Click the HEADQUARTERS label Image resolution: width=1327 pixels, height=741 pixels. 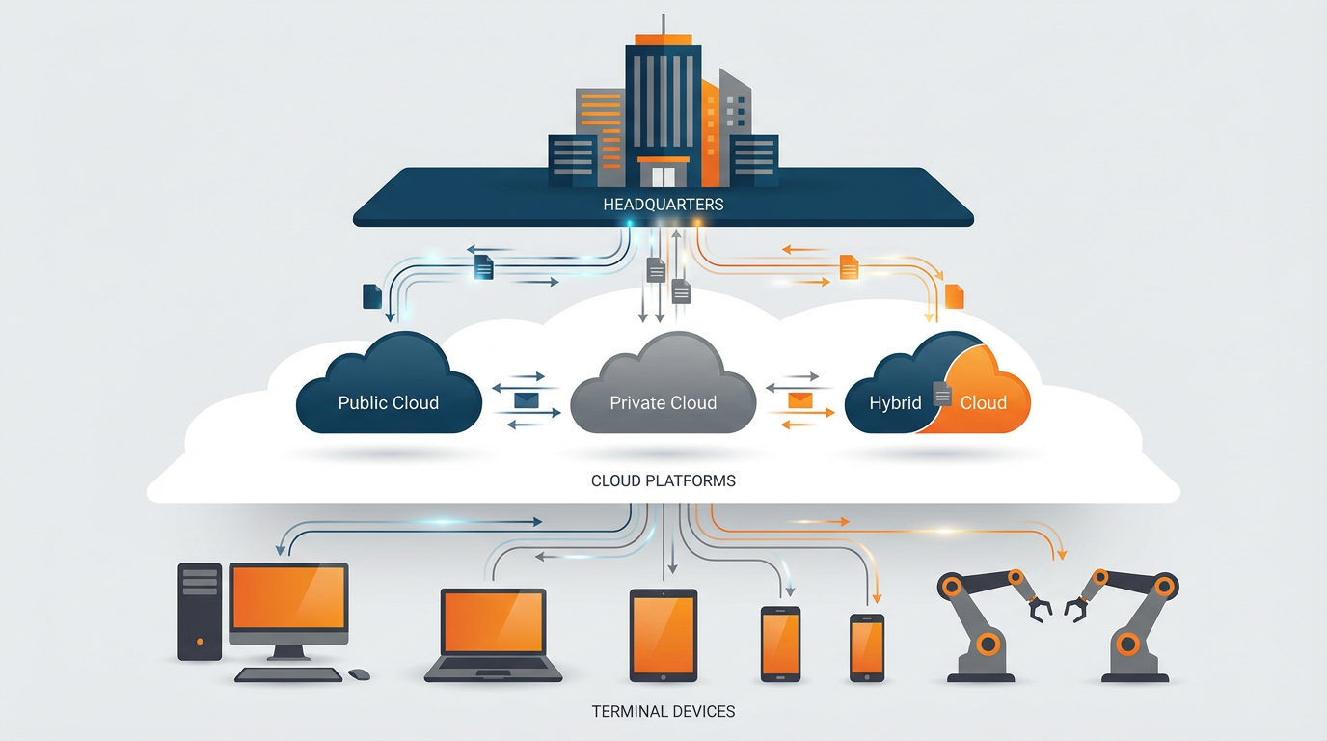tap(663, 205)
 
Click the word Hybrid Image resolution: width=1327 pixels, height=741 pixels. tap(895, 402)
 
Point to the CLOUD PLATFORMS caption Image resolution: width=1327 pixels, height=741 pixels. tap(663, 480)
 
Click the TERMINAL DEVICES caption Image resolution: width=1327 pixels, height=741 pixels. tap(663, 712)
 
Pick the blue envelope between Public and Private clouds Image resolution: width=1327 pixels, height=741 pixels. tap(526, 399)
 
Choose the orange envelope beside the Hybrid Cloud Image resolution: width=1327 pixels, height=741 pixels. tap(800, 399)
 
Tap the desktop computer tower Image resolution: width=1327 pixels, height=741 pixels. tap(200, 612)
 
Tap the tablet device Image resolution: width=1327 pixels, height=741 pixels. tap(663, 635)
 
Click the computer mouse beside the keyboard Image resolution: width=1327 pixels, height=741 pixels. tap(359, 674)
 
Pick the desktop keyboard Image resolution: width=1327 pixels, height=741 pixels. tap(288, 674)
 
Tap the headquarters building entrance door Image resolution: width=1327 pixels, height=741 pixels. tap(663, 176)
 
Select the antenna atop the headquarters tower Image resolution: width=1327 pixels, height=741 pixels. tap(663, 25)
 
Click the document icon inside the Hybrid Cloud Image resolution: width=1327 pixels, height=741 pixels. tap(942, 394)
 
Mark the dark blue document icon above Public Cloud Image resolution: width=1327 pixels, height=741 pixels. tap(372, 296)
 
